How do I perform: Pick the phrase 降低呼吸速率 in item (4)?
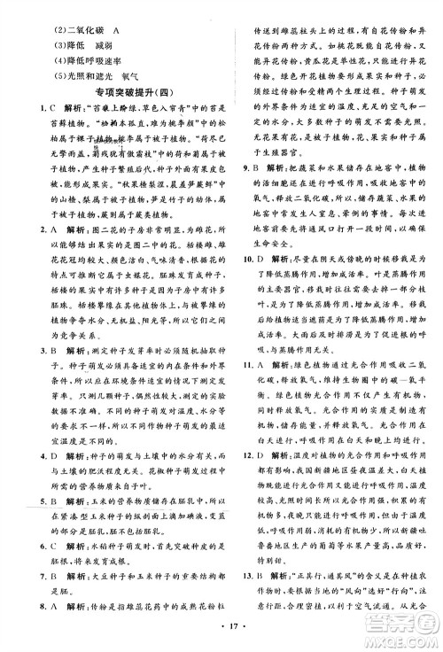(x=70, y=58)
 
